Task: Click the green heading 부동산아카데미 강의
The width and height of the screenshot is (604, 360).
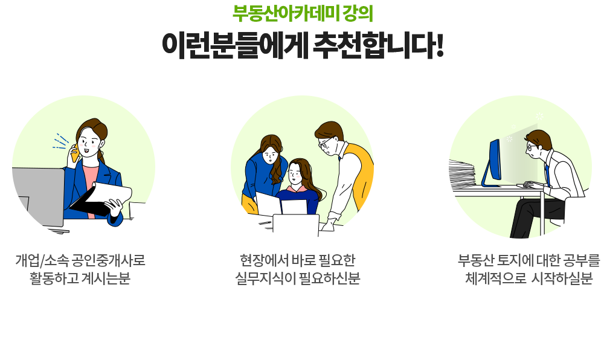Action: pos(303,13)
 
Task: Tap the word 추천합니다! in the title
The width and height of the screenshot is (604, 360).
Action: pos(378,45)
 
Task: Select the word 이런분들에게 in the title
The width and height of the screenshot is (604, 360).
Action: pos(234,45)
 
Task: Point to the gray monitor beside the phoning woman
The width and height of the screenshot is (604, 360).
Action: pos(37,197)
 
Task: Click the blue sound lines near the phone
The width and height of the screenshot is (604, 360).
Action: pos(60,142)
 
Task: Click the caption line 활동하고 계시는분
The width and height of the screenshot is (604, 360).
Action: pos(80,278)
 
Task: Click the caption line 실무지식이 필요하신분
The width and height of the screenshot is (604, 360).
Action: pos(297,278)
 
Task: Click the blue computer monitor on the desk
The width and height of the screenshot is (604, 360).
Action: pos(492,164)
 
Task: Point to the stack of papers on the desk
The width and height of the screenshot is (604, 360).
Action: pos(462,174)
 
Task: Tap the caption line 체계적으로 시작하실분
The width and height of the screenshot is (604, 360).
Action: pos(529,278)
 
